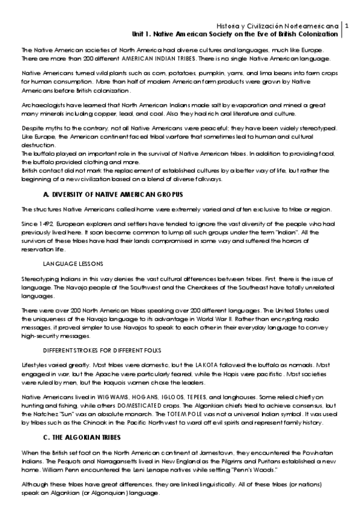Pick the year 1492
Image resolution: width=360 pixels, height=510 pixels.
49,223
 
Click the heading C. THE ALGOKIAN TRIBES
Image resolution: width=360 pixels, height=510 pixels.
82,436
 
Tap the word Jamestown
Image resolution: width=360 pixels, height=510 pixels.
212,452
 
